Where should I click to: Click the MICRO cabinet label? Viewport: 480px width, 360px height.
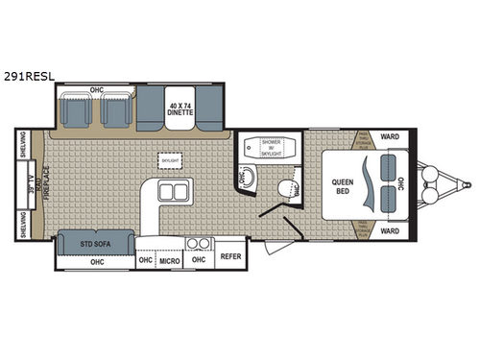[x=170, y=260]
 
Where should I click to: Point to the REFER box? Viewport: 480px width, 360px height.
[x=230, y=257]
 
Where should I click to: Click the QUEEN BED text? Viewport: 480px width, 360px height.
[x=345, y=186]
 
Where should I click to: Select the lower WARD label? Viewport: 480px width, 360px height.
[x=390, y=231]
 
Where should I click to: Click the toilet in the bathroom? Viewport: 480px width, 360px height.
[x=285, y=187]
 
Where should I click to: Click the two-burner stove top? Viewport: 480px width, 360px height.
[x=199, y=243]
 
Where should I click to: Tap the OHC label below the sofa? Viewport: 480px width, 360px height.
[x=96, y=261]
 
